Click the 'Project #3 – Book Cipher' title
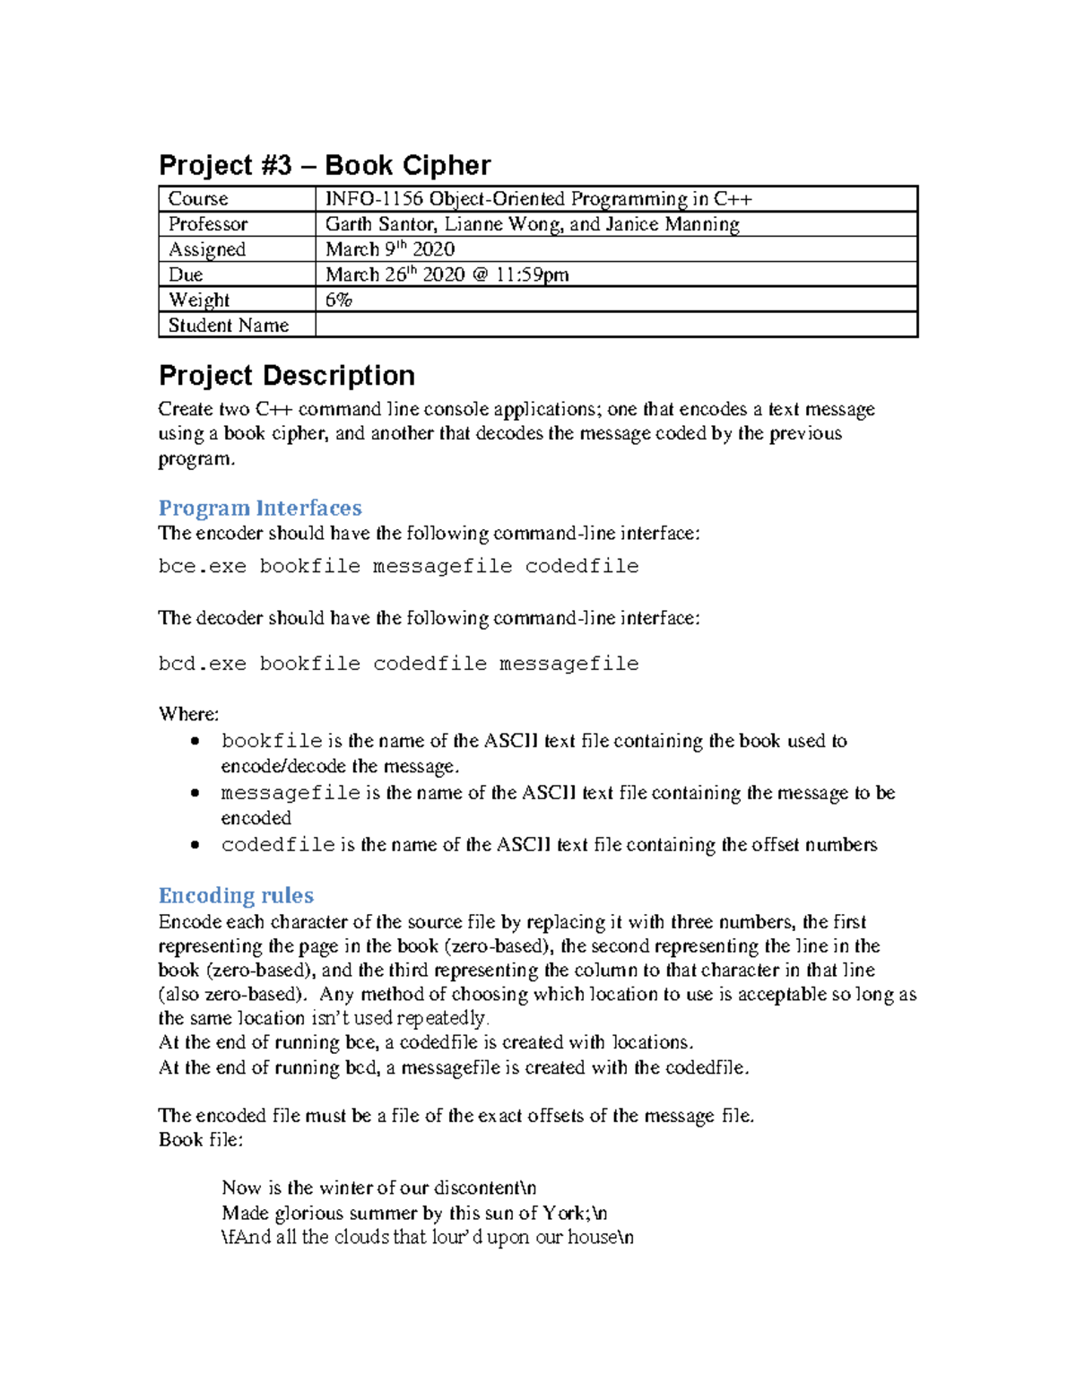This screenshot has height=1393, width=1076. pyautogui.click(x=325, y=166)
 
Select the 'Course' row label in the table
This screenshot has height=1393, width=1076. pyautogui.click(x=198, y=199)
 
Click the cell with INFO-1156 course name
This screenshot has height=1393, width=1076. pyautogui.click(x=538, y=199)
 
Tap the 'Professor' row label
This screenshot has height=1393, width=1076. pyautogui.click(x=208, y=224)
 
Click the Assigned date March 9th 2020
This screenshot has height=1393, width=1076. pyautogui.click(x=390, y=249)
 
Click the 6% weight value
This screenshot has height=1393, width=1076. pyautogui.click(x=339, y=300)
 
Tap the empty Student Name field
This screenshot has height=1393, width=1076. pyautogui.click(x=616, y=325)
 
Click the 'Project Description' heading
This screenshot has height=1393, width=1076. pyautogui.click(x=287, y=375)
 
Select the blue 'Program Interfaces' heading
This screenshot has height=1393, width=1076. pyautogui.click(x=260, y=508)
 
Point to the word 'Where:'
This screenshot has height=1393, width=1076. pyautogui.click(x=188, y=714)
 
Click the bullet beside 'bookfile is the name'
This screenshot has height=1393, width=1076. pyautogui.click(x=195, y=741)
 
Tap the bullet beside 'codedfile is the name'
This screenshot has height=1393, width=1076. pyautogui.click(x=195, y=845)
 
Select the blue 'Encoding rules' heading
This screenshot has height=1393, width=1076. pyautogui.click(x=236, y=895)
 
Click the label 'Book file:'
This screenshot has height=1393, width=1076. pyautogui.click(x=201, y=1140)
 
